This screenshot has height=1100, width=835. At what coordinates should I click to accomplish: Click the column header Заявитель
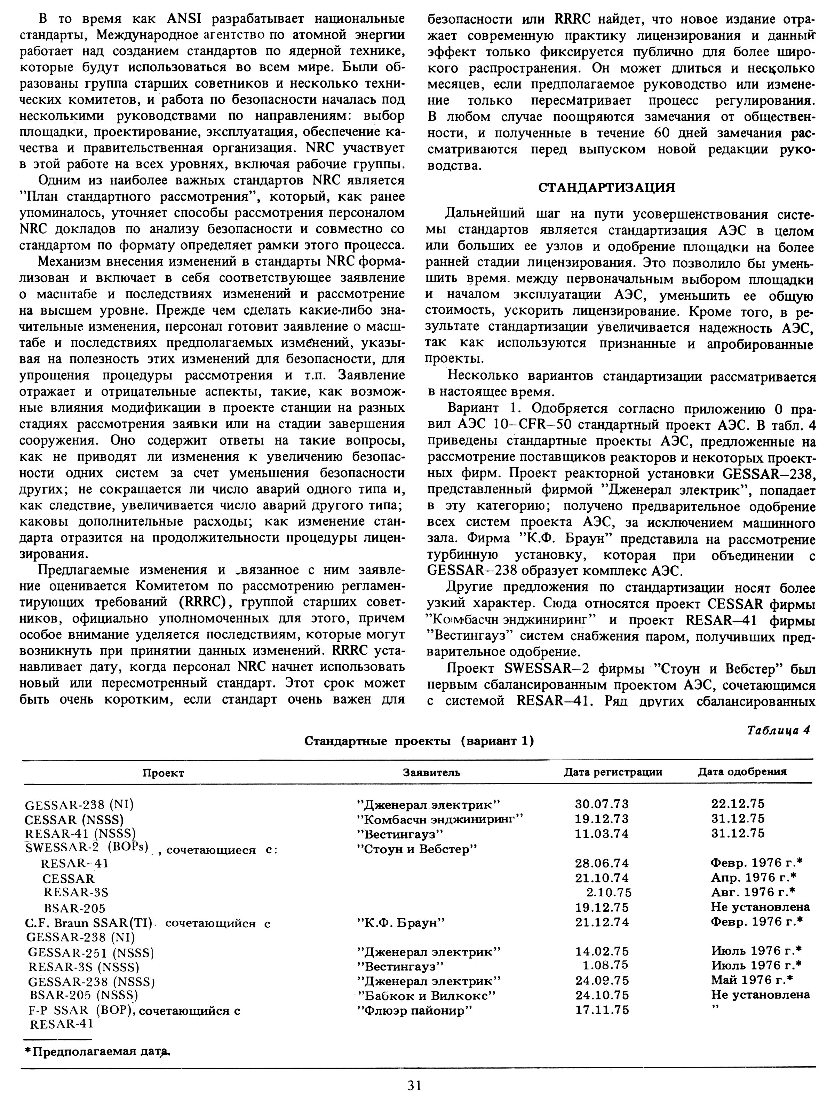tap(431, 772)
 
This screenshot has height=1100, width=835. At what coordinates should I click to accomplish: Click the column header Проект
tap(164, 773)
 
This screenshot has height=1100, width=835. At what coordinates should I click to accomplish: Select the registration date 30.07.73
tap(602, 804)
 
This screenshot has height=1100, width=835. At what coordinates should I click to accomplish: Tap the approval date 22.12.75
tap(738, 804)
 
